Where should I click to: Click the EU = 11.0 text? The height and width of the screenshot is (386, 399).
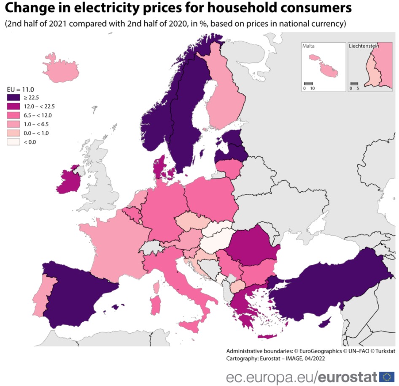(x=21, y=89)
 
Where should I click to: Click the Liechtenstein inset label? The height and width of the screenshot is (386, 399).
(x=363, y=46)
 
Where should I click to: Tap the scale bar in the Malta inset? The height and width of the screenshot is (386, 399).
(x=308, y=83)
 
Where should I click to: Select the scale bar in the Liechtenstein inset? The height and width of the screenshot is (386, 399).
(x=354, y=83)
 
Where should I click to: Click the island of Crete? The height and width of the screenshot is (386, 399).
(x=267, y=337)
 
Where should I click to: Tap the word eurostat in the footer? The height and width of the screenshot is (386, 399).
(x=348, y=376)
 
